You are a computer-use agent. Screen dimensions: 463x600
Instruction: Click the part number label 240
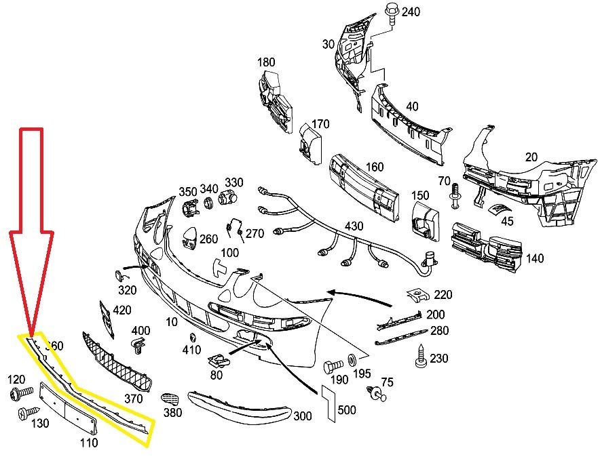pyautogui.click(x=411, y=12)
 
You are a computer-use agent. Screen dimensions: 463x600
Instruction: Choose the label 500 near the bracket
pyautogui.click(x=346, y=409)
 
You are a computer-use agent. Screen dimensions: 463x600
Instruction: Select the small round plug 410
pyautogui.click(x=192, y=338)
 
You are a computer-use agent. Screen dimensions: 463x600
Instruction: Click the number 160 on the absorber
pyautogui.click(x=374, y=167)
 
